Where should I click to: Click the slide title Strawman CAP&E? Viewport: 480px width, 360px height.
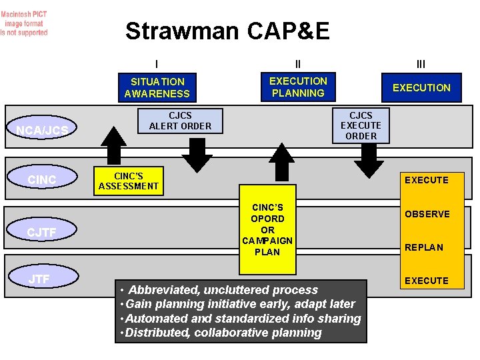pos(227,31)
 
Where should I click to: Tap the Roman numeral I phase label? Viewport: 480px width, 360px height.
pos(157,65)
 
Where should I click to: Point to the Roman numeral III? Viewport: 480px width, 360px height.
pos(421,65)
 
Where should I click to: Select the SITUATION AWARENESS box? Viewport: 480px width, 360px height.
pos(157,87)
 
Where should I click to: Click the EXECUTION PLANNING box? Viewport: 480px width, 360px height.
pos(298,87)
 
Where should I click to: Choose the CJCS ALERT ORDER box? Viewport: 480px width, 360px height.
pos(180,121)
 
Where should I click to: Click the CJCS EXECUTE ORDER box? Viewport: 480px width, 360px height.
pos(361,125)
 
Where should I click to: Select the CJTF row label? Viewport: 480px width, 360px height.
pos(41,233)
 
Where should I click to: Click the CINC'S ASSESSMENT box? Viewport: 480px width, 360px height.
pos(128,181)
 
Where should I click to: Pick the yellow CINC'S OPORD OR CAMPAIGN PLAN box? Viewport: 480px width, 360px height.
pos(267,229)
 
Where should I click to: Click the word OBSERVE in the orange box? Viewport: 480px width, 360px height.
pos(427,214)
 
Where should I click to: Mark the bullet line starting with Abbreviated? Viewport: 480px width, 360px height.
pos(220,290)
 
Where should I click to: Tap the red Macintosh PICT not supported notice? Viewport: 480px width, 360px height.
pos(25,23)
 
